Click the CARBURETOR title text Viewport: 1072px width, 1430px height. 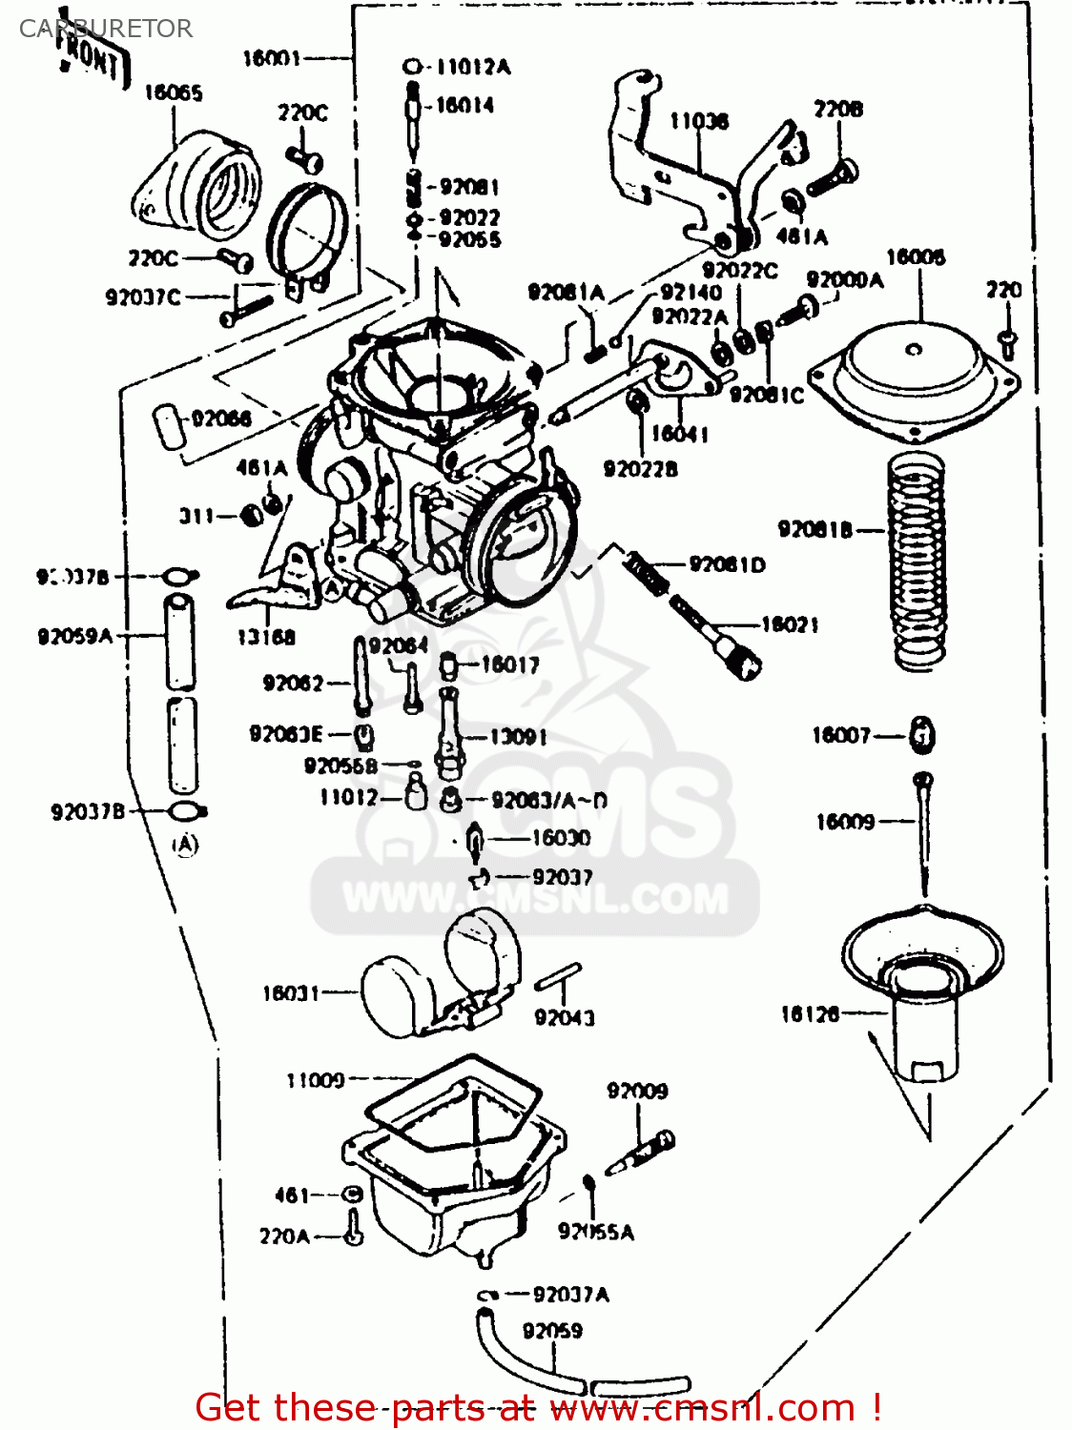point(106,29)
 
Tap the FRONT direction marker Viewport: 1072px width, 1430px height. point(93,59)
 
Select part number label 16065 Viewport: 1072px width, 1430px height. point(173,92)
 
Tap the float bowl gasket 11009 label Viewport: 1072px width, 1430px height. point(315,1080)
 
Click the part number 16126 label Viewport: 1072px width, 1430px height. point(810,1014)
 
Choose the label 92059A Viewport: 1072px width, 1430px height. point(74,636)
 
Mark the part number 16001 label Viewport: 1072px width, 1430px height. point(272,58)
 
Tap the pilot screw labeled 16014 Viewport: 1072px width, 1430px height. point(413,114)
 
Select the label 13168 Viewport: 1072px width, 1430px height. point(266,637)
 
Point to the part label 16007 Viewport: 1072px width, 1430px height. point(840,735)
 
